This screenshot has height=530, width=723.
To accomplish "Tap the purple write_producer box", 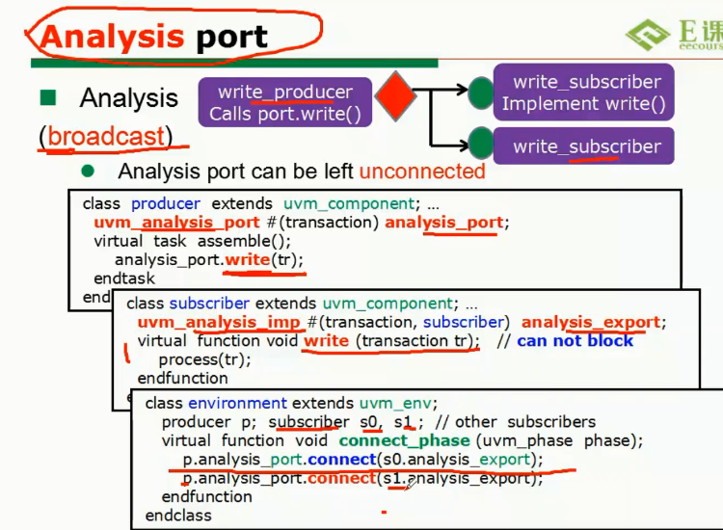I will (x=284, y=103).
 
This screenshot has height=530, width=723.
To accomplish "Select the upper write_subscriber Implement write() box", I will (x=584, y=93).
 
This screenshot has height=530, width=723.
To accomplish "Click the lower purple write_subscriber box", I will (x=584, y=146).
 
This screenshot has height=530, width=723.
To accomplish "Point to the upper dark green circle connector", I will (x=480, y=93).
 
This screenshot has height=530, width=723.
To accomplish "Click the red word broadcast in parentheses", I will (x=106, y=136).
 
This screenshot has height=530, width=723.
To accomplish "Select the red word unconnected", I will (x=422, y=172).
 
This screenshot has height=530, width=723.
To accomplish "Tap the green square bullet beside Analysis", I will (x=48, y=97).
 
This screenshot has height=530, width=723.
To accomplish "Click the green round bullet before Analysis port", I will (x=89, y=172).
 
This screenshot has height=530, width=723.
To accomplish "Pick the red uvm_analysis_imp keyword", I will (x=192, y=322).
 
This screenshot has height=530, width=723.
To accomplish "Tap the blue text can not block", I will (x=576, y=340).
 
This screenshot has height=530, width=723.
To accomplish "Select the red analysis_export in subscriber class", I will (x=591, y=322).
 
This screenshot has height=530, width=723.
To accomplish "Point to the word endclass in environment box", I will (x=178, y=516).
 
